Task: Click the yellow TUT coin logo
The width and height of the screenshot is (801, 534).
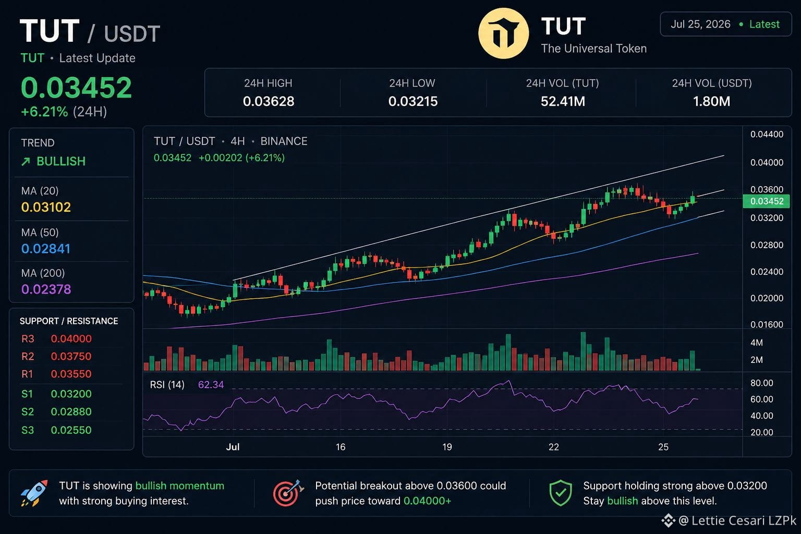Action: point(503,33)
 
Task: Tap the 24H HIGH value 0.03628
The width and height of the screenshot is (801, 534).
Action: point(269,102)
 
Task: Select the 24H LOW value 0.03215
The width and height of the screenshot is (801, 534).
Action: point(412,102)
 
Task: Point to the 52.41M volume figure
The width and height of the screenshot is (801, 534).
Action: point(563,102)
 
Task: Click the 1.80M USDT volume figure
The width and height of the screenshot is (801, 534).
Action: point(712,102)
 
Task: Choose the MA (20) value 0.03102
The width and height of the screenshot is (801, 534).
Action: point(46,207)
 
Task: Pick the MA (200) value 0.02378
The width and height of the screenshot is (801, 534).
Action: point(46,289)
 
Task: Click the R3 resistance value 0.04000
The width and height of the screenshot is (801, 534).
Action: point(71,339)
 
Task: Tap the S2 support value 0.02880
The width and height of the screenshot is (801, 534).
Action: point(71,411)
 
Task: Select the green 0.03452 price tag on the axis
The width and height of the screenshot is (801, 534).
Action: point(766,201)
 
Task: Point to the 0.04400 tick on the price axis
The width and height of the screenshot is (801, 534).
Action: point(767,135)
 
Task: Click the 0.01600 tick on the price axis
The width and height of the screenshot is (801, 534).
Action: point(767,325)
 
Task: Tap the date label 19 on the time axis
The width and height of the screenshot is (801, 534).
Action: point(447,447)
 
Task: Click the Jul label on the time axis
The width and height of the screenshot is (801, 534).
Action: point(233,447)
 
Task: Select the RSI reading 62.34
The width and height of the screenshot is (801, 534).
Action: point(211,385)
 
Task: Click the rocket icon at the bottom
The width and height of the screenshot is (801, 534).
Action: point(34,493)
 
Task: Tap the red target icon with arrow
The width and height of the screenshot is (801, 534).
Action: point(288,493)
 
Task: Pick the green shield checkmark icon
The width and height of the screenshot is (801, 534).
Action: point(561,493)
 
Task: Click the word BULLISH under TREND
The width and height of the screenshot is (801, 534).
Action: point(61,162)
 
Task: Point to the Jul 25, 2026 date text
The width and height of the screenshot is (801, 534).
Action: point(700,25)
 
